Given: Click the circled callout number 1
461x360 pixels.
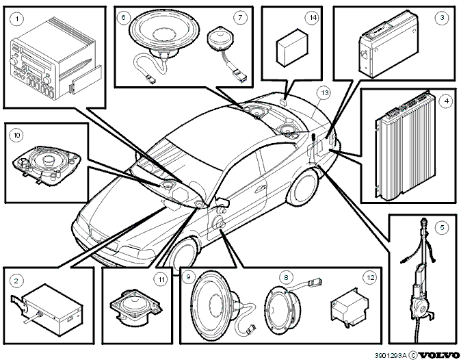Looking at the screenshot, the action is pos(17,19).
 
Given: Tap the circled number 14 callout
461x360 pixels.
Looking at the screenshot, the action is pos(312,18).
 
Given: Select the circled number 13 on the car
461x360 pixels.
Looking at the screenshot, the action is pos(324,93).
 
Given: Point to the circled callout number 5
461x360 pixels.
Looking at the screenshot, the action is pos(442,227).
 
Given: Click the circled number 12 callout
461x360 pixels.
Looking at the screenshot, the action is pos(370,277).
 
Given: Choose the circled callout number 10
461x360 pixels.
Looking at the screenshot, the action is pos(16,135).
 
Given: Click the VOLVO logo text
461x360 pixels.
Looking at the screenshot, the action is pos(438,355).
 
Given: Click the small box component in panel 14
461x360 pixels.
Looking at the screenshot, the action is pos(292,48).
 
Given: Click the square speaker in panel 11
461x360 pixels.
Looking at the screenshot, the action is pos(136,307).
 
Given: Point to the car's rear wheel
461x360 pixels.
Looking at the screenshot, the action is pos(303,188).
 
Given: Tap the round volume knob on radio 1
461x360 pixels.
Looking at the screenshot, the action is pos(14,61).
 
